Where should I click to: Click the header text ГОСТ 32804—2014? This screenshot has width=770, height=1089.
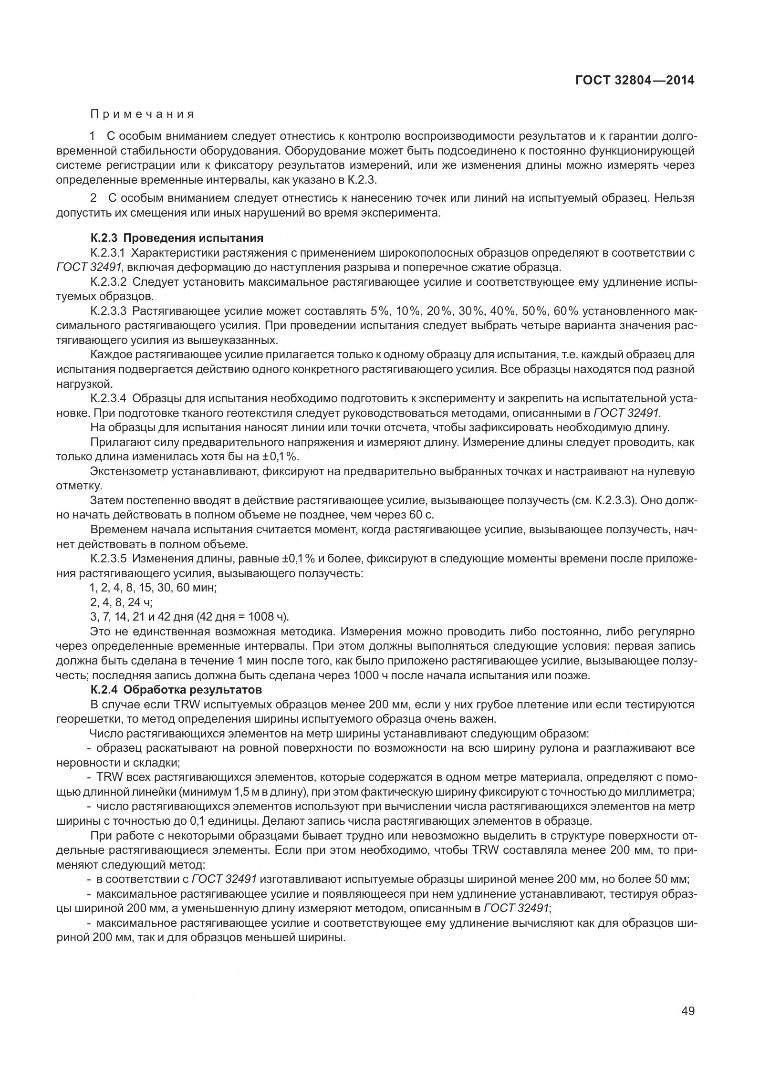[635, 80]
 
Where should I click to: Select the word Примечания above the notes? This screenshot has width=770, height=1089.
[142, 114]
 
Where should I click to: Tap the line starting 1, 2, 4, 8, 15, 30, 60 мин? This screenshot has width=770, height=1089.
[153, 588]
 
